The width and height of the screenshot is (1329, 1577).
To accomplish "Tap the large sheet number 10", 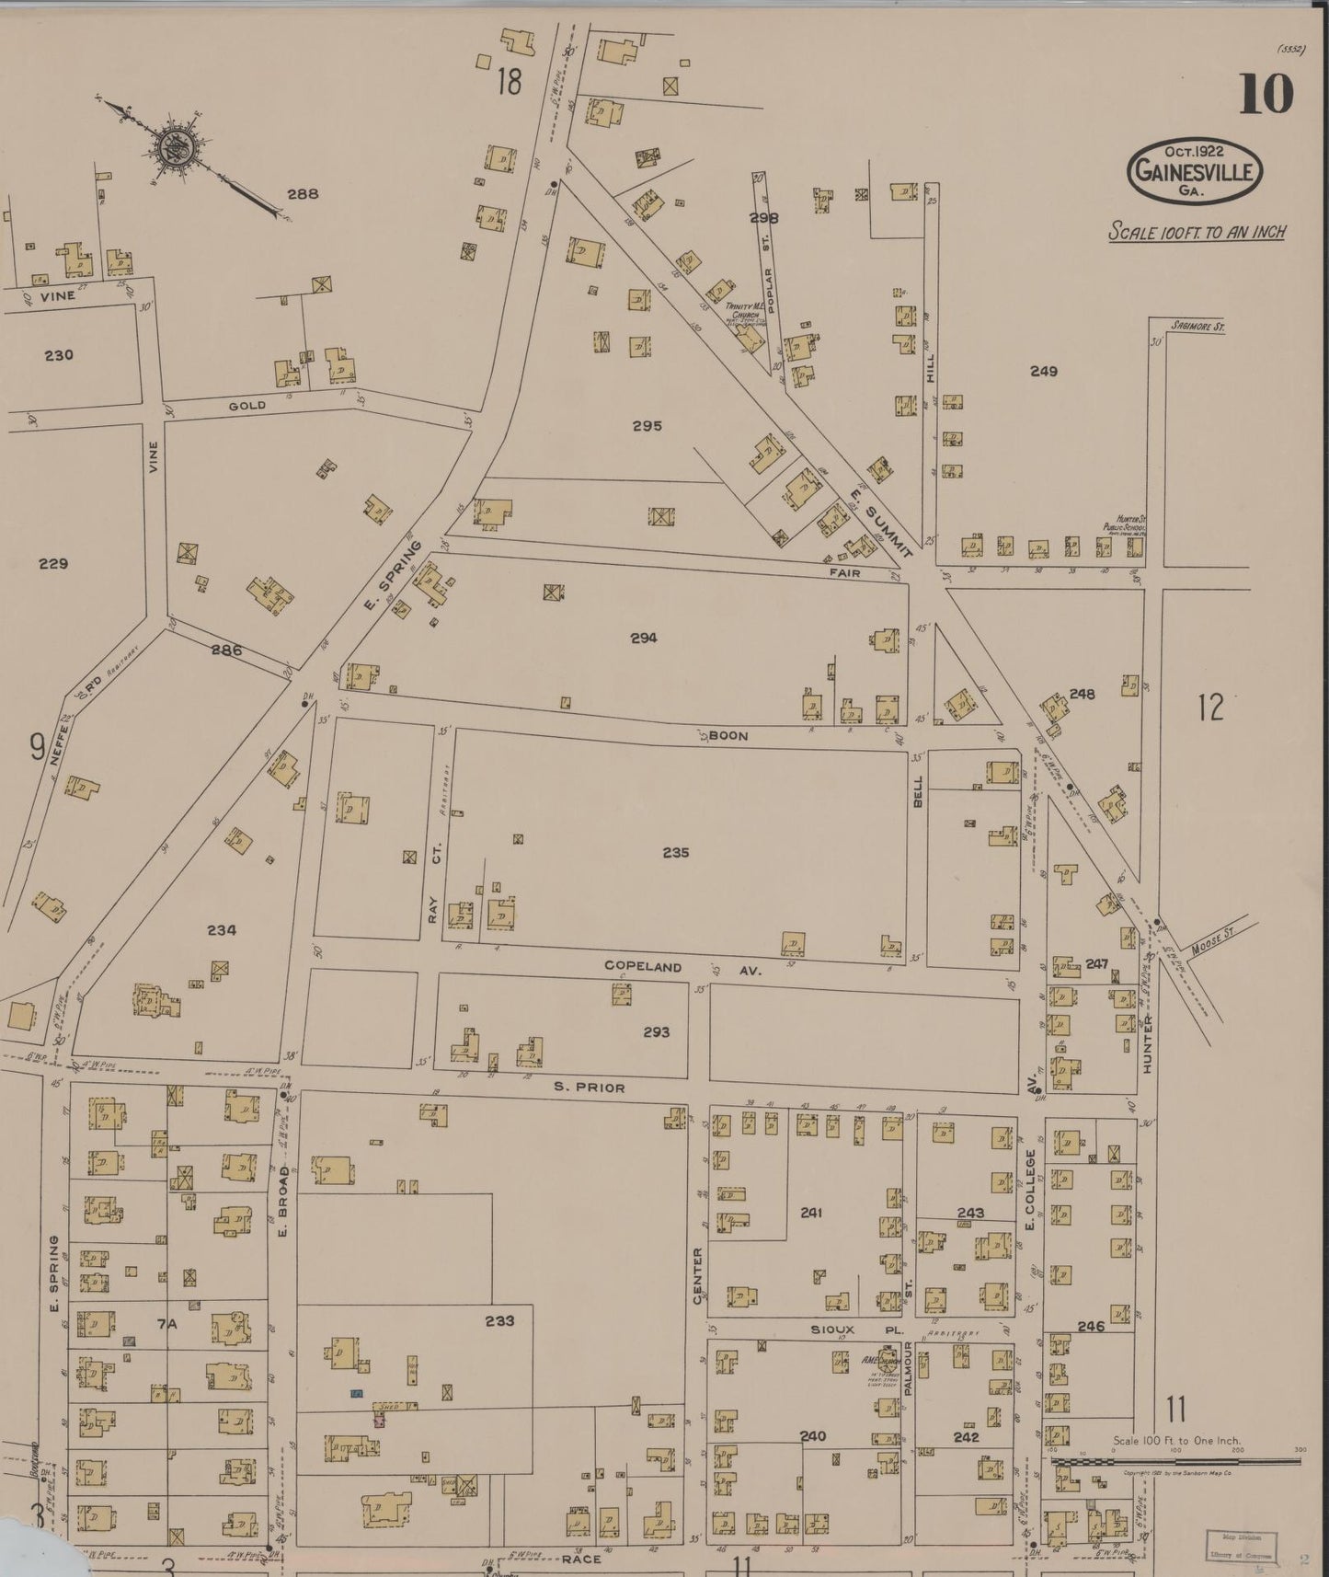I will pos(1266,94).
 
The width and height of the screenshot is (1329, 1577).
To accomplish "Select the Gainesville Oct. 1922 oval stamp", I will pos(1196,171).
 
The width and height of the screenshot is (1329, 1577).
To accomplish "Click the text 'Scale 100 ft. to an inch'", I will pos(1196,231).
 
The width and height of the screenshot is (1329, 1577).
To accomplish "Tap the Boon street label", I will pos(728,736).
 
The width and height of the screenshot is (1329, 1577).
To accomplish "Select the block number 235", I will pos(675,853).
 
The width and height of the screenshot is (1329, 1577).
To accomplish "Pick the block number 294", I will pos(644,638).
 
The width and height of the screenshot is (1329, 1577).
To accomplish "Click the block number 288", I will pos(303,194).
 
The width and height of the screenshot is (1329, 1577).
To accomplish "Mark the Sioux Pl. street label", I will pos(832,1330).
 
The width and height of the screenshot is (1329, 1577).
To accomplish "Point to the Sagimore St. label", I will pos(1197,326).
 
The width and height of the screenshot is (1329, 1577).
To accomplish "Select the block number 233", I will pos(499,1320).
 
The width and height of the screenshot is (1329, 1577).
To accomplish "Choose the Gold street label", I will pos(246,406).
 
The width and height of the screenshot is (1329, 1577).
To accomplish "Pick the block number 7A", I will pos(166,1324).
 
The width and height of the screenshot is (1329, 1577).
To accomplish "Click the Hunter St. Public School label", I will pos(1123,526).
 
